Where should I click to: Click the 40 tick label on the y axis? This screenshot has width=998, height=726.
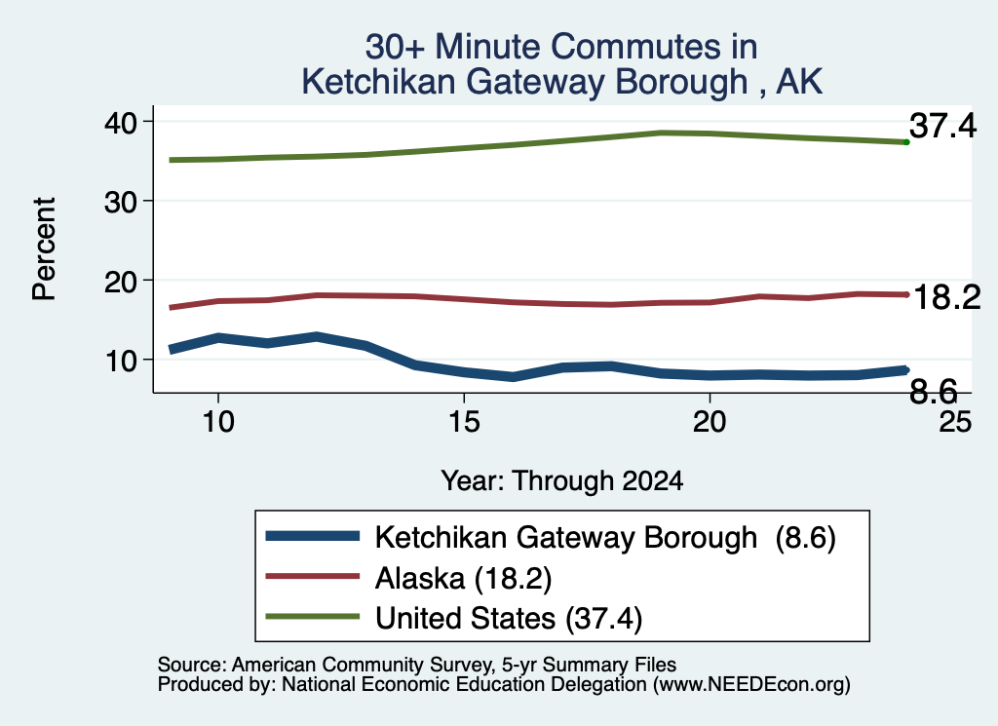[x=120, y=122]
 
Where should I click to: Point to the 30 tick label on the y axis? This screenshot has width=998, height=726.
[x=120, y=203]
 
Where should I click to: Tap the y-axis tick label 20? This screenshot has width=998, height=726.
[x=120, y=282]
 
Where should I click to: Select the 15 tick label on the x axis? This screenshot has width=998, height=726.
[x=464, y=421]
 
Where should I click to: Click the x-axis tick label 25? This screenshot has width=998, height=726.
[x=955, y=421]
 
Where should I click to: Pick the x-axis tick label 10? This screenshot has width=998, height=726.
[x=218, y=421]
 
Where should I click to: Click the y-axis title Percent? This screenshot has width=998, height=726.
[x=44, y=248]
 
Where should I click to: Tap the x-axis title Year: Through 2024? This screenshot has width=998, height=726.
[x=562, y=481]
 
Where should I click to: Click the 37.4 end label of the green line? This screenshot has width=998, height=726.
[x=942, y=126]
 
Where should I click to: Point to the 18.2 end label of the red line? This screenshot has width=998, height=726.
[x=947, y=297]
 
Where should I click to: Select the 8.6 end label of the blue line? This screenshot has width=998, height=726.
[x=933, y=392]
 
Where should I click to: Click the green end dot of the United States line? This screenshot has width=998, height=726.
[x=906, y=142]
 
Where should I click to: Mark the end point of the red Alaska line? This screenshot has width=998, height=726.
[x=906, y=294]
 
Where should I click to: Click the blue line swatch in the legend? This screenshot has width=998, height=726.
[x=313, y=536]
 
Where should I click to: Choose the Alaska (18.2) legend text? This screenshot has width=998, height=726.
[x=463, y=579]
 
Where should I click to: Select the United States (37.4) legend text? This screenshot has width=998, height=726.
[x=509, y=619]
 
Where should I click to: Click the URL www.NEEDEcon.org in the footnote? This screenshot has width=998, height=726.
[x=749, y=685]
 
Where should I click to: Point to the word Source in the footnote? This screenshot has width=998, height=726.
[x=189, y=665]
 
